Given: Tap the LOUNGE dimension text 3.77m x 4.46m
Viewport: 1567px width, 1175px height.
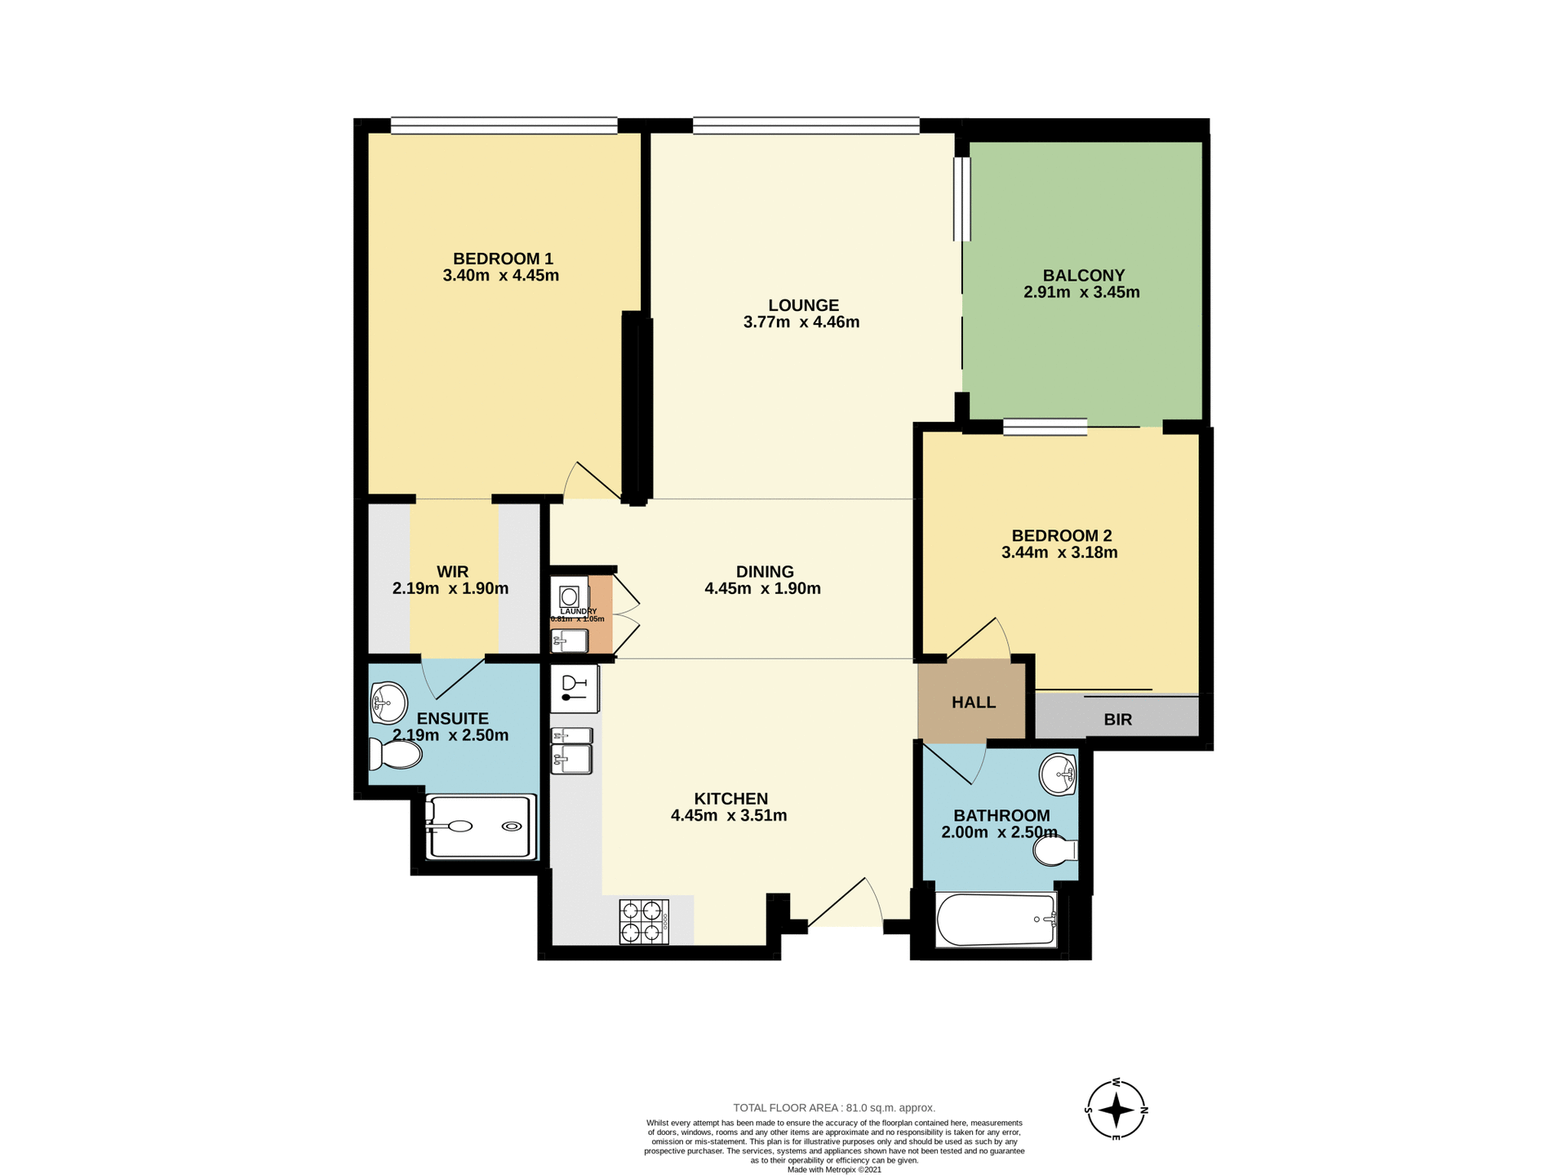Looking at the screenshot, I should coord(801,322).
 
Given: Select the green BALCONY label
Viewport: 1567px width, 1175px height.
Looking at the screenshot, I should coord(1083,276).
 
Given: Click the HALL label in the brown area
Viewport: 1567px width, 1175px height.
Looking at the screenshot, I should coord(973,703).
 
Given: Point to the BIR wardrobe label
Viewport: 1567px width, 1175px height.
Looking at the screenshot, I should coord(1117,720).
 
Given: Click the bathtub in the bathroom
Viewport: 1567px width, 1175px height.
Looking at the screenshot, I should coord(996,920).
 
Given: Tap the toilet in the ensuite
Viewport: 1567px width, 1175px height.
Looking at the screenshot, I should coord(397,754).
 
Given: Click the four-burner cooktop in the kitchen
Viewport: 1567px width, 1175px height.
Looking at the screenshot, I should coord(644,921).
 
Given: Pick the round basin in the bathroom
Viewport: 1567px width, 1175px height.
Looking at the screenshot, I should coord(1058,774).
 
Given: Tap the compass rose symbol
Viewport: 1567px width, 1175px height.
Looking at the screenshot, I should coord(1116,1109).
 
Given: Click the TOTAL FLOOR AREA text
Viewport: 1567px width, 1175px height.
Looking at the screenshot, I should coord(833,1107).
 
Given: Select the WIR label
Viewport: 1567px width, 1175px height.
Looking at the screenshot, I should coord(452,571).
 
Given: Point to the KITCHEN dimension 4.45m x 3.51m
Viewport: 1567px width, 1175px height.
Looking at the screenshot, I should coord(728,815).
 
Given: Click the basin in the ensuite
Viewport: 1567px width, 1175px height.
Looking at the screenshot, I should coord(389,702).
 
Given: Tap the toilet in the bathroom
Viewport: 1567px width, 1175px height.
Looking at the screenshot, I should coord(1054,852).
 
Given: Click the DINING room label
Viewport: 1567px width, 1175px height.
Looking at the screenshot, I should coord(764,571).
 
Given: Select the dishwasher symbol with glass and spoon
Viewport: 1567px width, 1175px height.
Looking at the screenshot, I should coord(575,689).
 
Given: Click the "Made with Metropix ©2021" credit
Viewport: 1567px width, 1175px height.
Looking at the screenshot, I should coord(833,1169).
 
